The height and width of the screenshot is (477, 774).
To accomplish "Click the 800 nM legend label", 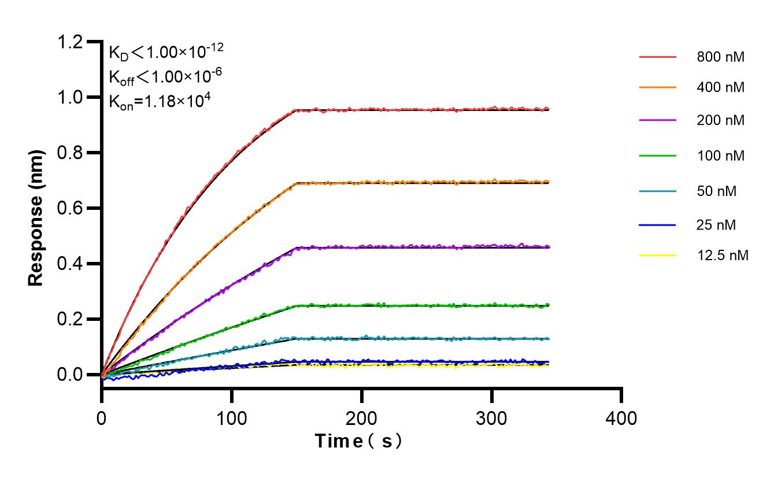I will click(720, 57).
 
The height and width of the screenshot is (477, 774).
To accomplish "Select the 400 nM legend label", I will click(720, 88).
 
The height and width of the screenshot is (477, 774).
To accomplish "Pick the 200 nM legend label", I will click(720, 120).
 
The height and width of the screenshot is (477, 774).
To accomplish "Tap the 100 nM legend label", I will click(720, 156).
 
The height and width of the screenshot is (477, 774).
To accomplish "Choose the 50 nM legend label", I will click(717, 191).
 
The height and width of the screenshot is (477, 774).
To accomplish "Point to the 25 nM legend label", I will click(717, 225).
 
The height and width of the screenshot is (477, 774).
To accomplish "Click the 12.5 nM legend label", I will click(723, 256).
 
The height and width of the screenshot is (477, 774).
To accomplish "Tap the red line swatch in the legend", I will click(657, 57).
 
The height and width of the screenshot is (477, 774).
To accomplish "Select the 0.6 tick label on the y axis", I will click(71, 208).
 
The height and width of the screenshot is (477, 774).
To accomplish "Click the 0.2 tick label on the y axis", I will click(71, 319).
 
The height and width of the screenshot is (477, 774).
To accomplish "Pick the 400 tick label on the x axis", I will click(621, 417).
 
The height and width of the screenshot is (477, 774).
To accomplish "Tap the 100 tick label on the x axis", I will click(232, 417).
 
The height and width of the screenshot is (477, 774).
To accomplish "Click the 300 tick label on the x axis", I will click(491, 417).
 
